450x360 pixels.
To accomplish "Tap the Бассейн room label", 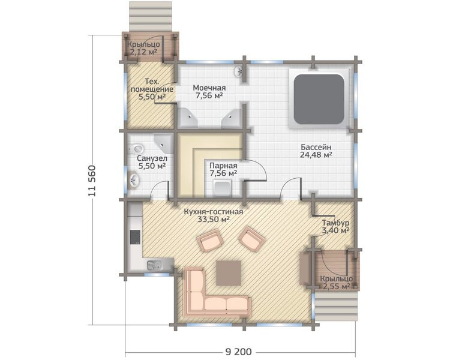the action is point(316,147).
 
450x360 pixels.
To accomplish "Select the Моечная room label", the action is point(209,88).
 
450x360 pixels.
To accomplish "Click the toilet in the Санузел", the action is point(136,149).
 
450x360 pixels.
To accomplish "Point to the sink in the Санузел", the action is point(134,180).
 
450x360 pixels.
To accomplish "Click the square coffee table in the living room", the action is point(229,273).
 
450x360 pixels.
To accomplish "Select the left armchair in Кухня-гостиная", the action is point(209,242).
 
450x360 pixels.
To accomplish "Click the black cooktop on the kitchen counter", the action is point(135,237).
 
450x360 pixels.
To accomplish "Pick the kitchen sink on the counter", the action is point(154,266).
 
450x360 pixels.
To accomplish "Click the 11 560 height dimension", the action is point(92,181).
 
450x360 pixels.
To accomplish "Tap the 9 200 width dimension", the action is point(238,352).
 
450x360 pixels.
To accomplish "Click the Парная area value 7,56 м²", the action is point(223,173).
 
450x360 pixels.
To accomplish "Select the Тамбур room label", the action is point(335,223).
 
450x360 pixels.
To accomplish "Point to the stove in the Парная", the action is point(223,188).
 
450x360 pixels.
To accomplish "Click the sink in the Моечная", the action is point(238,72).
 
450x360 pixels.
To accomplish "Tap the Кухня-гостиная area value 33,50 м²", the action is point(213,220).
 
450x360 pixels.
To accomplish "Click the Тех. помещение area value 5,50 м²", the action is point(152,97).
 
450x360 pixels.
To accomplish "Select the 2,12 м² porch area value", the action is point(143,52).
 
